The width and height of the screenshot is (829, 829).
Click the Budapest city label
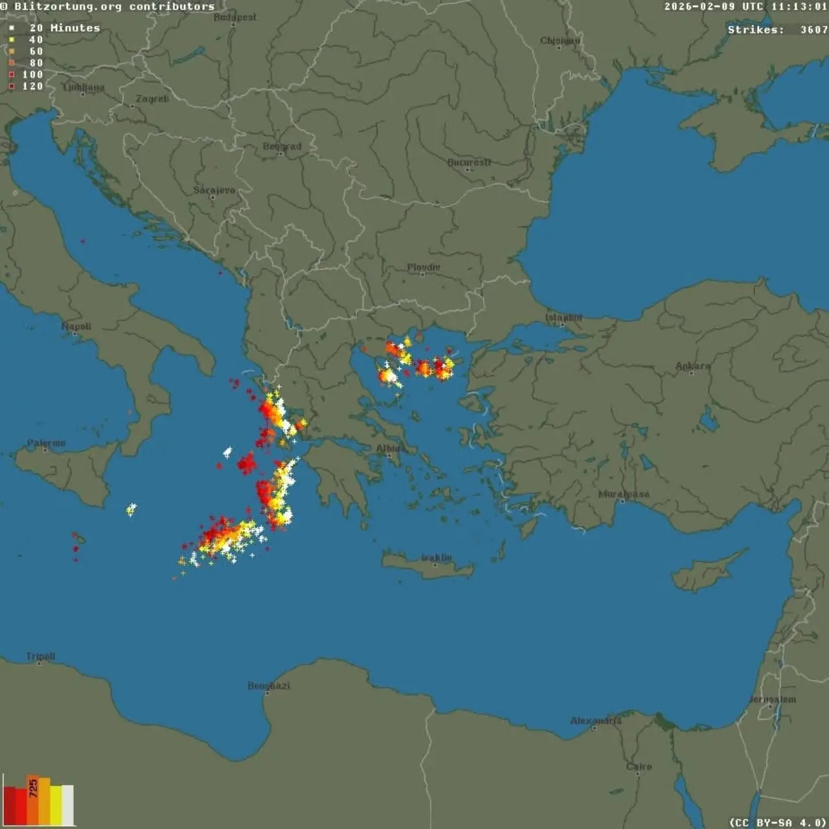[235, 17]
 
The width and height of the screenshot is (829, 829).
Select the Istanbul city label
[563, 317]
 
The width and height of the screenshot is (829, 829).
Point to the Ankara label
[693, 366]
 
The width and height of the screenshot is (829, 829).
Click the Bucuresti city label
[469, 162]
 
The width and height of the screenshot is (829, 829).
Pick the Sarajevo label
[214, 190]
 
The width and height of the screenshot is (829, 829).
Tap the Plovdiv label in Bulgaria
[424, 267]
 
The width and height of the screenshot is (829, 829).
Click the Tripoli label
[40, 656]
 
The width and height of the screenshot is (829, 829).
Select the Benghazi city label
[269, 685]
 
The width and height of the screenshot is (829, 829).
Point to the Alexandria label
[596, 720]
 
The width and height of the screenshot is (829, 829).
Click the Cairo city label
[639, 766]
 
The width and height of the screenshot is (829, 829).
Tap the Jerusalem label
[773, 699]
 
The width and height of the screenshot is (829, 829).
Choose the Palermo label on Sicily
[46, 443]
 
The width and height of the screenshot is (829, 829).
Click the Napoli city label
[76, 326]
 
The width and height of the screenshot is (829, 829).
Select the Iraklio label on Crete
[437, 557]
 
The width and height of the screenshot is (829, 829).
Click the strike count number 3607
[813, 30]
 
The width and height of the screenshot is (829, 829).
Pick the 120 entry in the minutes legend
[32, 86]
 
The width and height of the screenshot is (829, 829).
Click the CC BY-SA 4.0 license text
[778, 823]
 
